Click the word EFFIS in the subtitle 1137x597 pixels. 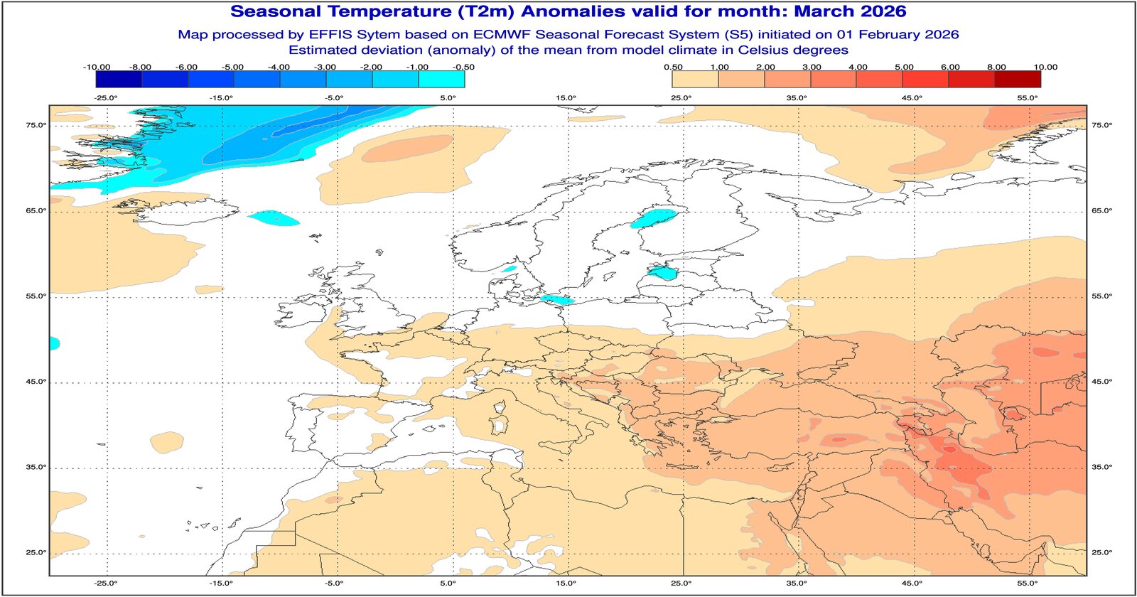pos(328,34)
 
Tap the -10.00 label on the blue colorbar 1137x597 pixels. pos(97,67)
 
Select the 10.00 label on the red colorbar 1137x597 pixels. pos(1045,67)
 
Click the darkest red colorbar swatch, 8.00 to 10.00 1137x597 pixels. pos(1017,79)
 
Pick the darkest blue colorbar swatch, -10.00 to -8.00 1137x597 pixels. pos(119,79)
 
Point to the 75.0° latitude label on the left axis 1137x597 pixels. pos(36,125)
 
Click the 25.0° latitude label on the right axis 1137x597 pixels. pos(1101,552)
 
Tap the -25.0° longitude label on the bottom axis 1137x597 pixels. pos(106,583)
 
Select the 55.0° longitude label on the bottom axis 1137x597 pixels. pos(1028,583)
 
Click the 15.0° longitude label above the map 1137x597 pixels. pos(566,98)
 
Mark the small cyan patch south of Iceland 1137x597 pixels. pos(274,217)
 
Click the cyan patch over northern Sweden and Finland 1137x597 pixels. pos(654,217)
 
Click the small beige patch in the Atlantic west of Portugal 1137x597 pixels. pos(167,441)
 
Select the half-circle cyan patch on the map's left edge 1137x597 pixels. pos(53,344)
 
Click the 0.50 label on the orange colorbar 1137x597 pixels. pos(673,67)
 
